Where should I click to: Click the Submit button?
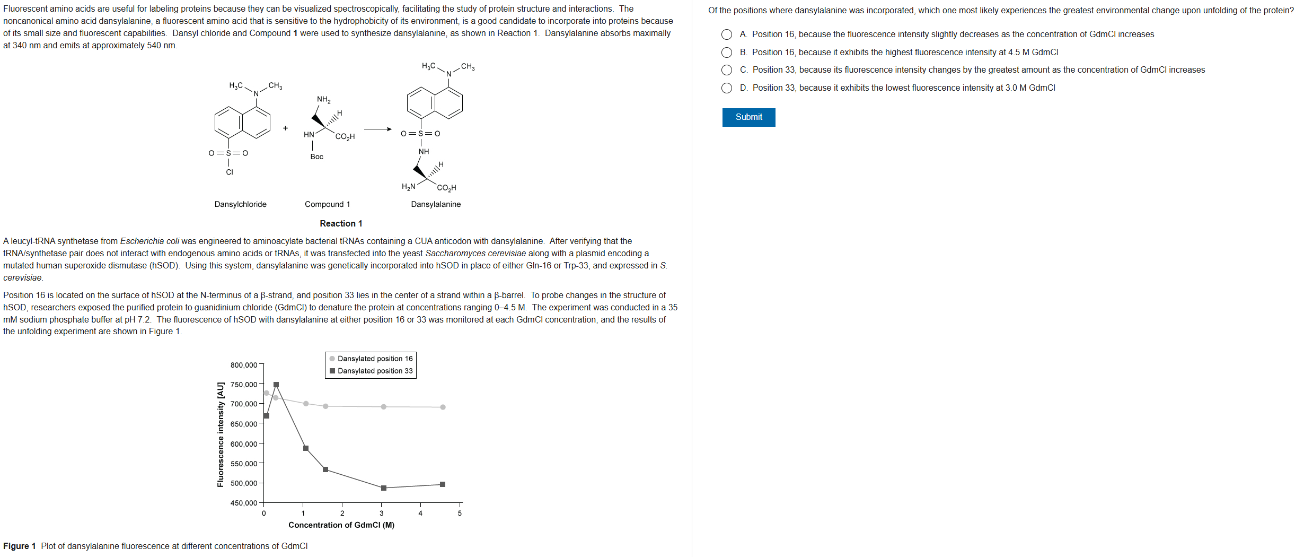[748, 117]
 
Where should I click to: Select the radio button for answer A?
[727, 34]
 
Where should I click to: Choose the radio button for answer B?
[727, 53]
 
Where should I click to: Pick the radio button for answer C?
[727, 70]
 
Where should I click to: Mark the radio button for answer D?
[727, 88]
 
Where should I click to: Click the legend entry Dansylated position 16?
[374, 359]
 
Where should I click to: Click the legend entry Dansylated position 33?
[374, 371]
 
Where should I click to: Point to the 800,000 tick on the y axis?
[244, 365]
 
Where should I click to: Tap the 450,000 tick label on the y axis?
[244, 503]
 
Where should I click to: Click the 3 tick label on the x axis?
[381, 514]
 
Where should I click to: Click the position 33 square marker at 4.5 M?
[443, 484]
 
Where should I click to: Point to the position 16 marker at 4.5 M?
[443, 407]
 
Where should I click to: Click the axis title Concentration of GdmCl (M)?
[341, 525]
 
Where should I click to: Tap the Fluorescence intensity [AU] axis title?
[221, 434]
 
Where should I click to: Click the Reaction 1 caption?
[341, 224]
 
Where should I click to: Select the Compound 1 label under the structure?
[327, 204]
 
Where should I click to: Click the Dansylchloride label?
[240, 204]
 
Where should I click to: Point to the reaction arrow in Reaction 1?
[377, 129]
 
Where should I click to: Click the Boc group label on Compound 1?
[316, 156]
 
